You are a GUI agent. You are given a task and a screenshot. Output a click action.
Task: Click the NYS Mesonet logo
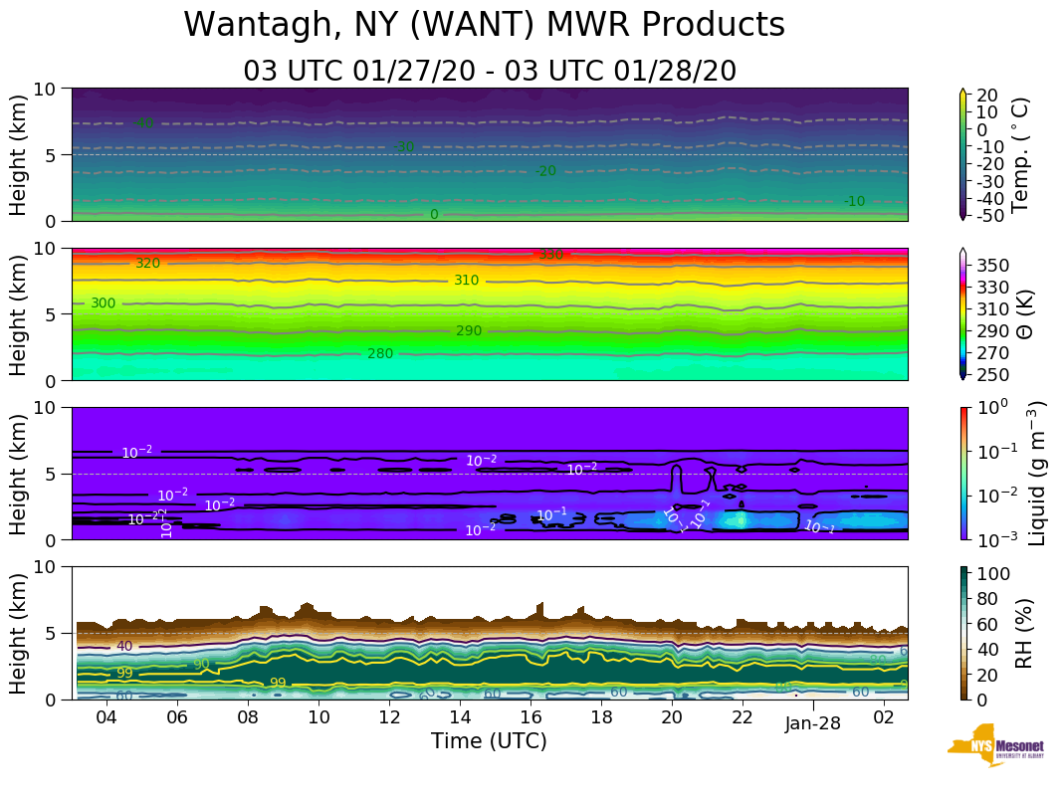pyautogui.click(x=995, y=749)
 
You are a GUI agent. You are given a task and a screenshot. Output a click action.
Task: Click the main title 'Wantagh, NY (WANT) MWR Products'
pyautogui.click(x=485, y=25)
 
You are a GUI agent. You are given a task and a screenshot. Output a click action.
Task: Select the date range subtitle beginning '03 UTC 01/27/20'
pyautogui.click(x=490, y=71)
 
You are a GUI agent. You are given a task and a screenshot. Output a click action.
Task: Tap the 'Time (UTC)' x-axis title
pyautogui.click(x=489, y=741)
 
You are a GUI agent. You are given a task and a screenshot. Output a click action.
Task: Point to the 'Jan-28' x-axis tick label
pyautogui.click(x=812, y=724)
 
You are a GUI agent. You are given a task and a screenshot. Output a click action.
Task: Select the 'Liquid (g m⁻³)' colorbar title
pyautogui.click(x=1036, y=473)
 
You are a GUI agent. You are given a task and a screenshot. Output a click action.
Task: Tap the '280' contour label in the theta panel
pyautogui.click(x=380, y=353)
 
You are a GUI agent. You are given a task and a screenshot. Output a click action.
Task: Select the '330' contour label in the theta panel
pyautogui.click(x=550, y=255)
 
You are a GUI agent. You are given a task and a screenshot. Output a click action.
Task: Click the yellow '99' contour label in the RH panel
pyautogui.click(x=278, y=684)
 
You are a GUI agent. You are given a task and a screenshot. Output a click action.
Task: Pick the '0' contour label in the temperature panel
pyautogui.click(x=433, y=215)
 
